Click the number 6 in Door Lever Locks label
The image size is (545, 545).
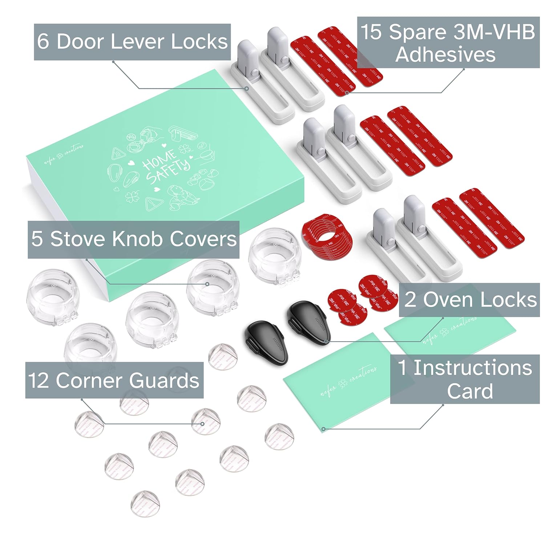point(43,41)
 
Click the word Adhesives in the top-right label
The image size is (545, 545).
point(445,54)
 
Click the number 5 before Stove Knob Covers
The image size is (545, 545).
point(37,239)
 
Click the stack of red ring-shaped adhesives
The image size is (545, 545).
point(326,238)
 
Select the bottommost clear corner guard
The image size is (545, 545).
point(146,504)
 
